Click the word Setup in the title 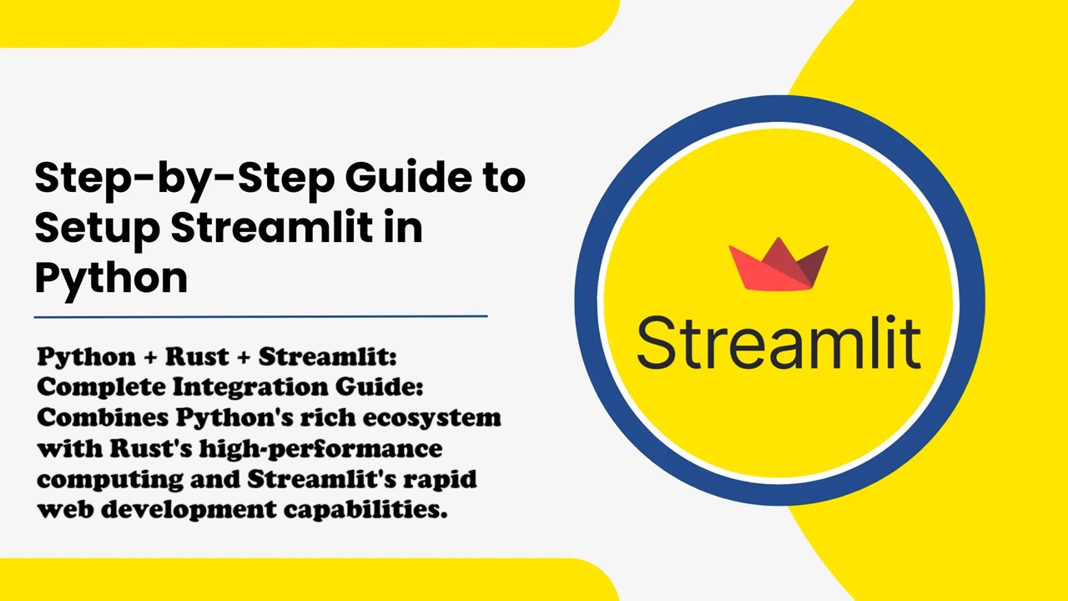(98, 228)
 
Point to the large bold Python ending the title (111, 280)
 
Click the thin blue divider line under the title (261, 316)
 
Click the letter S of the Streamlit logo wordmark (659, 342)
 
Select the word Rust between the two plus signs (197, 356)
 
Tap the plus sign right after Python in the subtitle (150, 358)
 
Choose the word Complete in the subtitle (103, 386)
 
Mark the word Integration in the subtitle (250, 386)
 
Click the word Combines (103, 418)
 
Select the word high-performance (321, 449)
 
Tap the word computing (110, 480)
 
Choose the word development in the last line (189, 510)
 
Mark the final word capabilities (365, 510)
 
